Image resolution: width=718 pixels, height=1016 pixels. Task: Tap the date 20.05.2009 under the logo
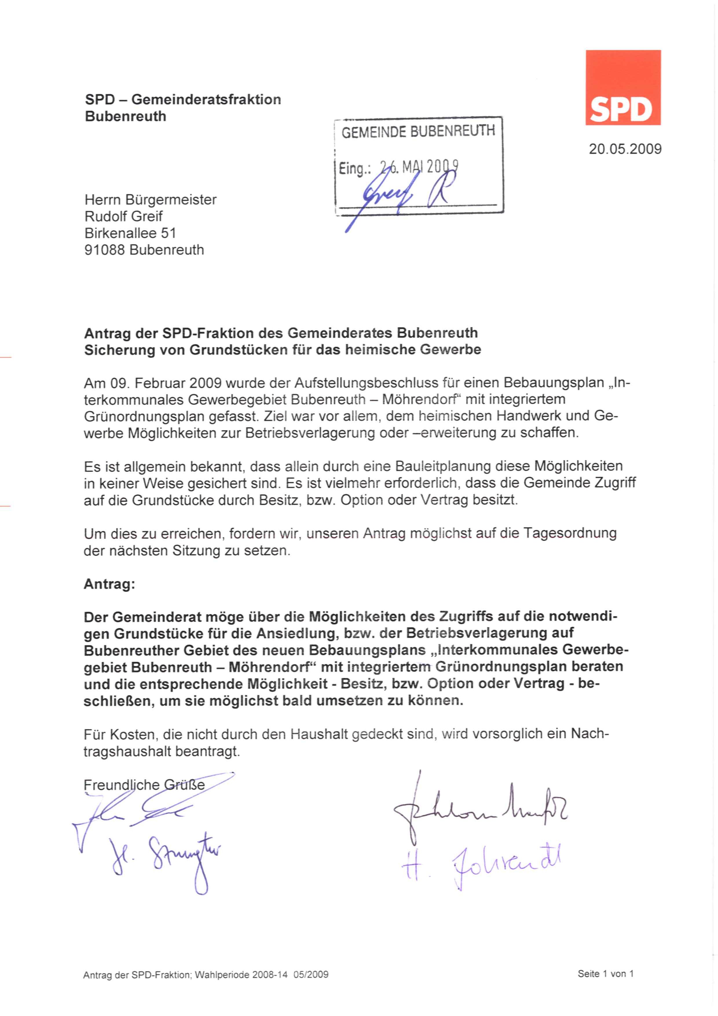pyautogui.click(x=625, y=149)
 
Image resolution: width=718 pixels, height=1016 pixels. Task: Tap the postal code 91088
pyautogui.click(x=105, y=250)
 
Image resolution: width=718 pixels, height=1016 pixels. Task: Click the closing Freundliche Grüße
pyautogui.click(x=144, y=785)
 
